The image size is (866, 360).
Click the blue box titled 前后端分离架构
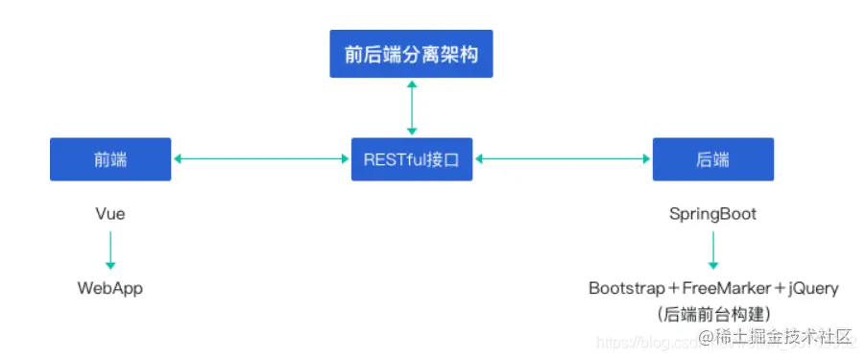point(411,56)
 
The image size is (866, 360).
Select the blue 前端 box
point(110,159)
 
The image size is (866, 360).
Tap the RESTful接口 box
point(412,159)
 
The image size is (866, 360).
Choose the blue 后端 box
point(712,159)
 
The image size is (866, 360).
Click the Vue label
point(110,214)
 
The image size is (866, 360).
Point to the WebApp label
point(110,288)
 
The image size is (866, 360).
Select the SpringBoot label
point(712,214)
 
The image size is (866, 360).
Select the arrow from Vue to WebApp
point(110,251)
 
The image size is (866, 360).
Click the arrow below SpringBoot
point(712,251)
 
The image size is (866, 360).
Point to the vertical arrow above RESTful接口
point(412,108)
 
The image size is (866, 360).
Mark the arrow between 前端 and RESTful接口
point(260,159)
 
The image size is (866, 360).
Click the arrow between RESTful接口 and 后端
point(564,159)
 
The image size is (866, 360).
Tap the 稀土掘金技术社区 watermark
point(776,336)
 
